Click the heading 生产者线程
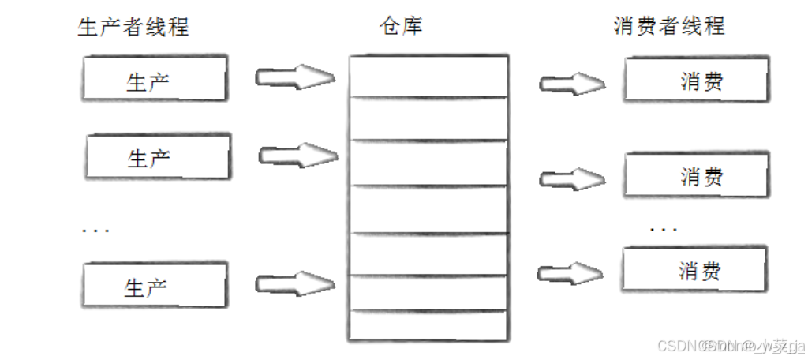133,27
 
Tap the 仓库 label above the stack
401,26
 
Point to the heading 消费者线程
668,26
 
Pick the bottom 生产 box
155,285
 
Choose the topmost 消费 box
695,81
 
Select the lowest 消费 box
694,271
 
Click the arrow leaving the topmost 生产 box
294,77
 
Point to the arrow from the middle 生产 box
297,155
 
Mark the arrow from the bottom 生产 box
294,282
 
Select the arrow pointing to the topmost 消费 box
571,83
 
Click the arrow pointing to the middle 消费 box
571,178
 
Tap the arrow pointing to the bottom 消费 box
570,273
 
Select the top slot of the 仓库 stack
428,76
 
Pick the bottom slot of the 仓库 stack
428,324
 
